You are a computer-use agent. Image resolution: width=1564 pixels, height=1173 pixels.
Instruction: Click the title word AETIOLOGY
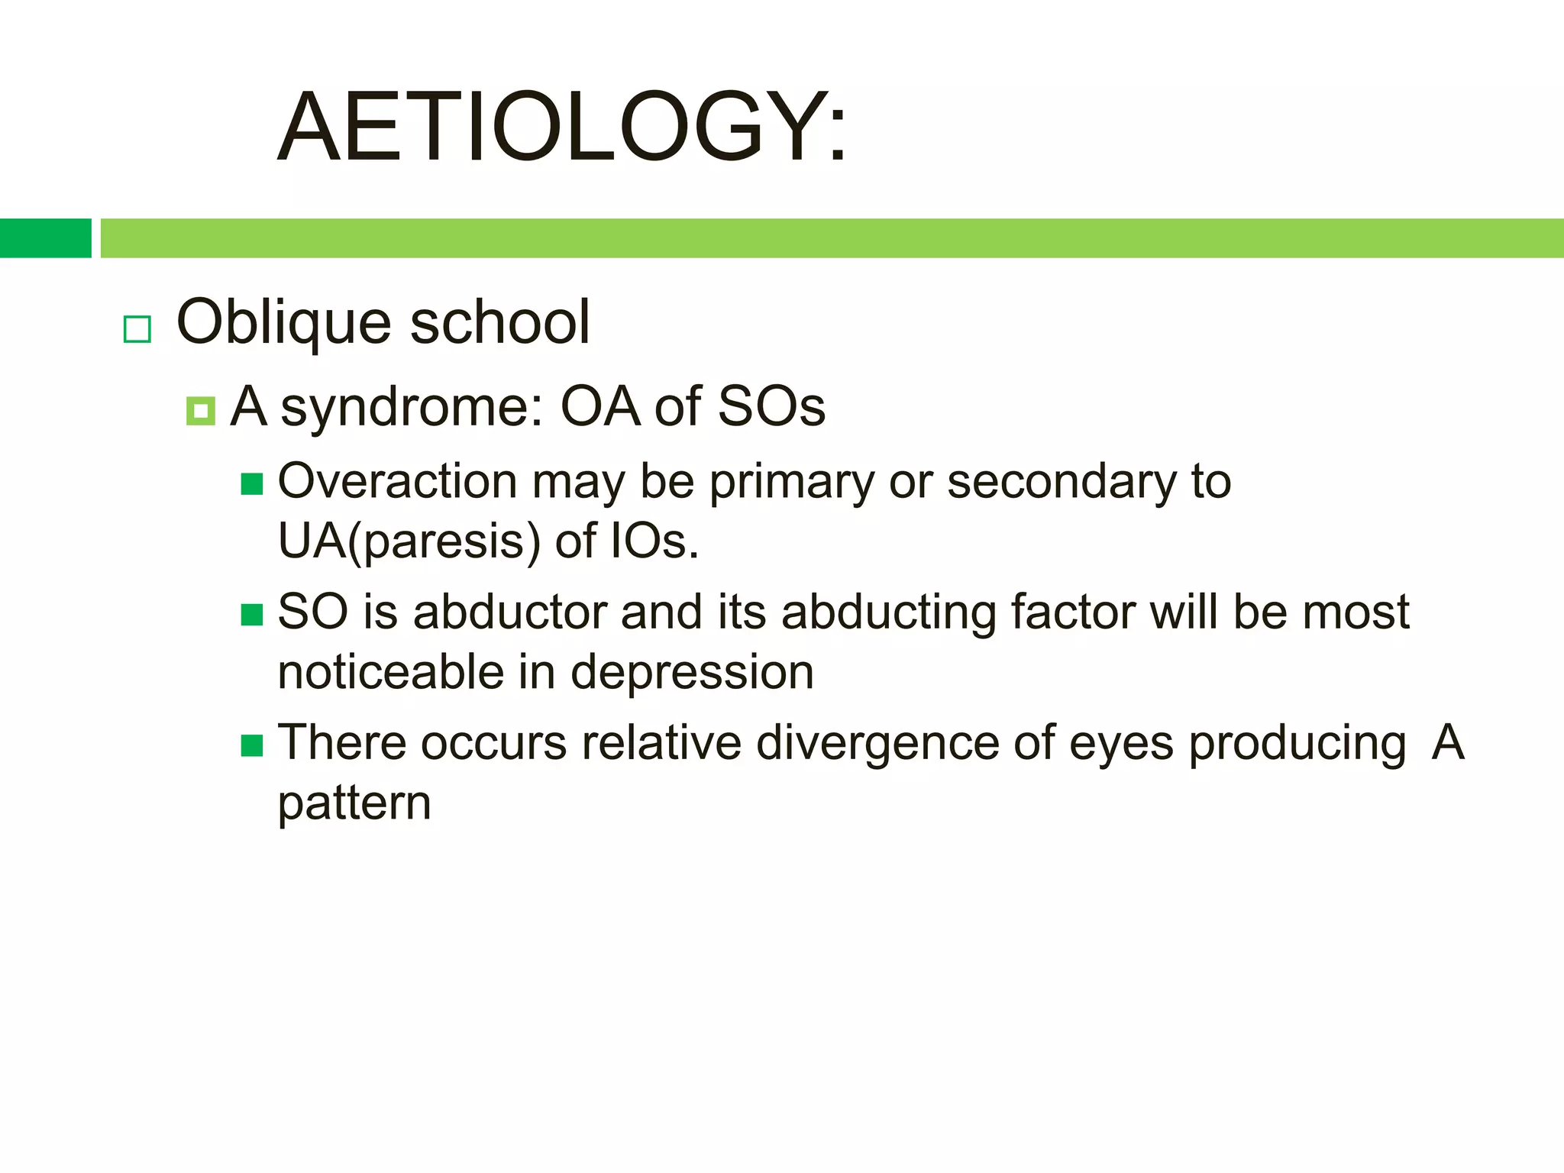(561, 128)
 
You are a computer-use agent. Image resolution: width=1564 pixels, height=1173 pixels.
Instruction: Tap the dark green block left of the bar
(45, 238)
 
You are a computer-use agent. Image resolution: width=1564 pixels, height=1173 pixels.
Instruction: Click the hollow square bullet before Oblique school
(137, 329)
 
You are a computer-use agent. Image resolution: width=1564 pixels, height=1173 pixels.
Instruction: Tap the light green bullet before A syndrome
(200, 411)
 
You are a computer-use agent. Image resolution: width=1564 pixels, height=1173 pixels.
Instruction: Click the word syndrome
(412, 408)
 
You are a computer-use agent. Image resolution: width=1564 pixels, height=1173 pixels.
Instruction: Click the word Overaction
(398, 482)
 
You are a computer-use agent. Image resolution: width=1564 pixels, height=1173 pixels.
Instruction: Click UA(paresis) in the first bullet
(409, 542)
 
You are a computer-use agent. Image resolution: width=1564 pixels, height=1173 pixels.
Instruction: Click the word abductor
(509, 612)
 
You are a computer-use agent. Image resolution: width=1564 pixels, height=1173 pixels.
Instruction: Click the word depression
(692, 674)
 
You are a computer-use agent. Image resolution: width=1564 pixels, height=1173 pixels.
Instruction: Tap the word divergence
(877, 744)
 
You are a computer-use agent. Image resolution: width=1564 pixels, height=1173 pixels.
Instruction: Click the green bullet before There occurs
(251, 745)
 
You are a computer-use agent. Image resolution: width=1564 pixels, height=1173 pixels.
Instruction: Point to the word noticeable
(390, 673)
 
